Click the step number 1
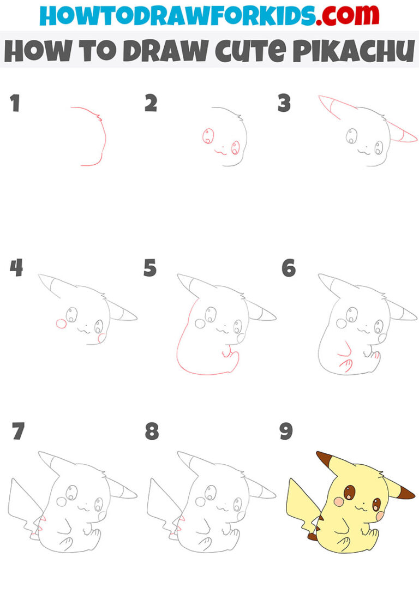pyautogui.click(x=15, y=103)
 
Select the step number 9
pyautogui.click(x=286, y=432)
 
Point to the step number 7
pyautogui.click(x=17, y=432)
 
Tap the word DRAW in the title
pyautogui.click(x=158, y=51)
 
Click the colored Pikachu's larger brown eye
pyautogui.click(x=349, y=493)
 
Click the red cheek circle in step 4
pyautogui.click(x=62, y=324)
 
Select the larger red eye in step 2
pyautogui.click(x=208, y=136)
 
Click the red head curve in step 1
pyautogui.click(x=101, y=136)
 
